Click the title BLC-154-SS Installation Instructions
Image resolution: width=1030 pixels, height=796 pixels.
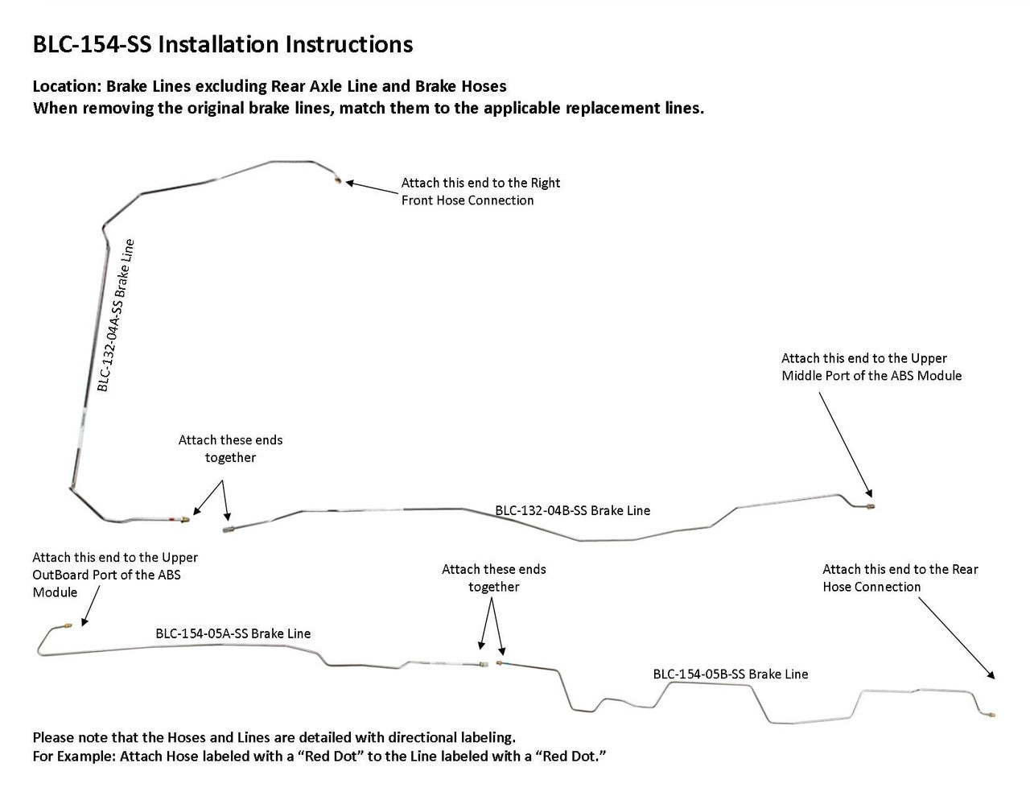coord(222,44)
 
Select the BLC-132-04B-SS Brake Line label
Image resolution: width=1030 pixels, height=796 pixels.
coord(572,510)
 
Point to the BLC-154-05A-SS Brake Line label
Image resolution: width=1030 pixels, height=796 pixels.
coord(233,633)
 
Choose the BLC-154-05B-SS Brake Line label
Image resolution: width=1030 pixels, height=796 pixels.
coord(730,674)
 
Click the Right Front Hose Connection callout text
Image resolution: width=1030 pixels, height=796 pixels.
coord(480,192)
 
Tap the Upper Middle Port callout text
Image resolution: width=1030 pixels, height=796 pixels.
coord(871,367)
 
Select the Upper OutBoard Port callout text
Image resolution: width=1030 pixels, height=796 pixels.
coord(114,575)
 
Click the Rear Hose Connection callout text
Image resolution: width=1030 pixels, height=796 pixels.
coord(900,578)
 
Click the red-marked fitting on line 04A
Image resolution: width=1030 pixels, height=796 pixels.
coord(183,521)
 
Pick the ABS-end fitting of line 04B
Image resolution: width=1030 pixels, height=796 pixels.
coord(872,506)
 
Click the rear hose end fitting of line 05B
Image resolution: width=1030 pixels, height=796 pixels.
coord(991,713)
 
